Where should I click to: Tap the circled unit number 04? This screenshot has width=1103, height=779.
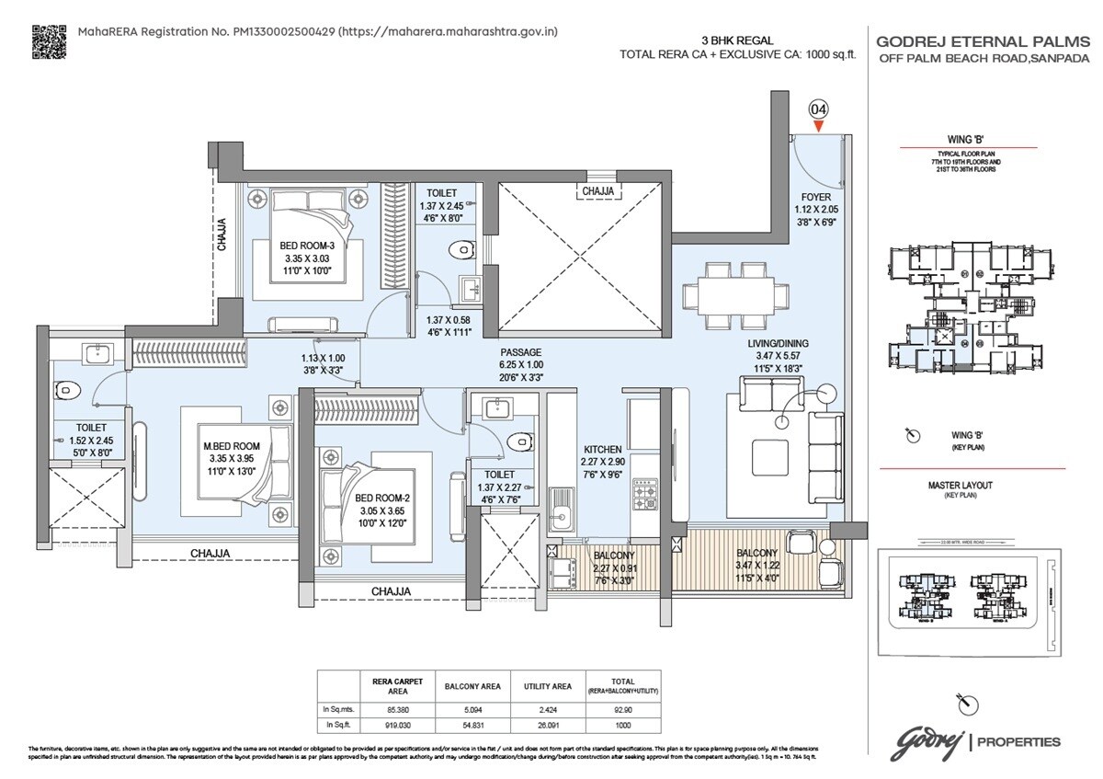point(818,109)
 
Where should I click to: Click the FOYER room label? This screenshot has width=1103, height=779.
point(815,197)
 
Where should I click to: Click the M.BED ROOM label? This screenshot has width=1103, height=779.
point(232,446)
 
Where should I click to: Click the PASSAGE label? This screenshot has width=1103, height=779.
point(520,352)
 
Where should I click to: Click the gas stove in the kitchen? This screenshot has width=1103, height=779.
point(645,494)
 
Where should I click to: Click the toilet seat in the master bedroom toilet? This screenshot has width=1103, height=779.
point(66,391)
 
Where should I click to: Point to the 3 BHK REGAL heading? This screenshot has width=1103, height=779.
point(737,40)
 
